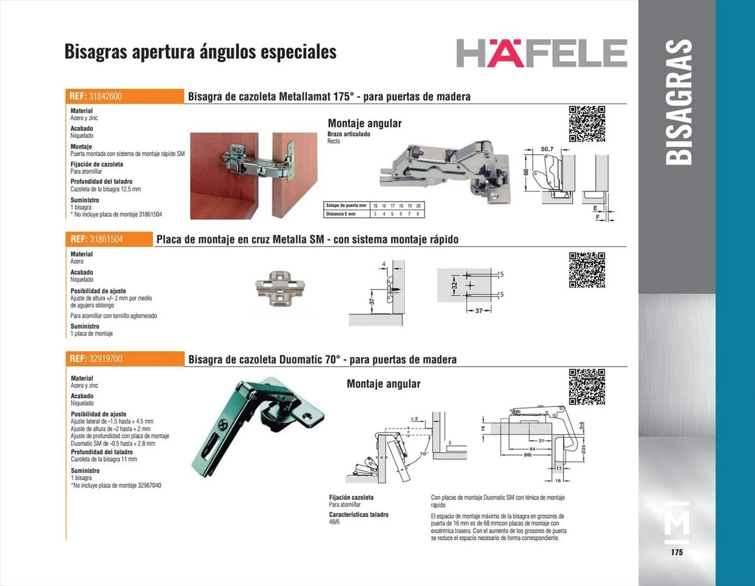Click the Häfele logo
pyautogui.click(x=541, y=53)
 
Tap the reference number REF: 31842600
pyautogui.click(x=96, y=96)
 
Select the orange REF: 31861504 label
pyautogui.click(x=109, y=239)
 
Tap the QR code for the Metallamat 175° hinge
pyautogui.click(x=587, y=123)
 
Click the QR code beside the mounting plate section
pyautogui.click(x=587, y=270)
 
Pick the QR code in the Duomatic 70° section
pyautogui.click(x=587, y=387)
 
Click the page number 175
pyautogui.click(x=677, y=552)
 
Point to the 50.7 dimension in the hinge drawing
pyautogui.click(x=547, y=149)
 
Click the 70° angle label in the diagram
pyautogui.click(x=424, y=453)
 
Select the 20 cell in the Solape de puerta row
pyautogui.click(x=418, y=206)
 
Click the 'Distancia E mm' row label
pyautogui.click(x=341, y=214)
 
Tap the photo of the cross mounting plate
pyautogui.click(x=280, y=288)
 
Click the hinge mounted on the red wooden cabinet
pyautogui.click(x=258, y=162)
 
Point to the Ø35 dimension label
pyautogui.click(x=584, y=449)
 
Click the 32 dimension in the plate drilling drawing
pyautogui.click(x=455, y=285)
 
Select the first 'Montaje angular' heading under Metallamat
pyautogui.click(x=365, y=123)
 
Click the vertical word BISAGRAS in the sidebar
pyautogui.click(x=678, y=102)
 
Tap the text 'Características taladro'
pyautogui.click(x=359, y=514)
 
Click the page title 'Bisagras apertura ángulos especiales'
pyautogui.click(x=201, y=52)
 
